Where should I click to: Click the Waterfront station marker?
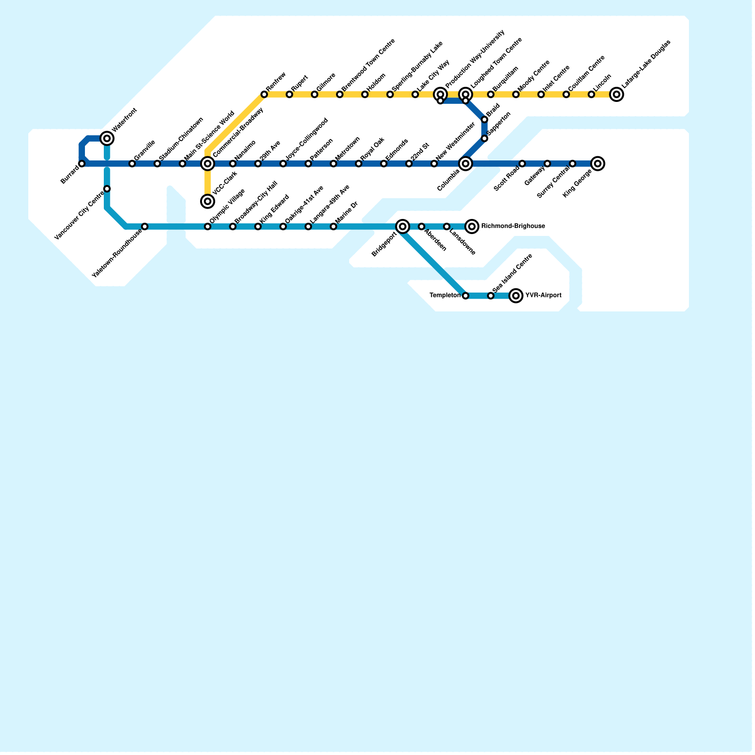tap(107, 138)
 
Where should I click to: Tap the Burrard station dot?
tap(82, 164)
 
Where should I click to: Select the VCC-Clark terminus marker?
tap(208, 201)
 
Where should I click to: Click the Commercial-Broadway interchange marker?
tap(208, 164)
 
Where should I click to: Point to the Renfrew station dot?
tap(264, 95)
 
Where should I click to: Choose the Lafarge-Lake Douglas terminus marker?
tap(616, 95)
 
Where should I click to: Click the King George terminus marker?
tap(598, 164)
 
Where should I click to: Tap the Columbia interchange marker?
tap(466, 164)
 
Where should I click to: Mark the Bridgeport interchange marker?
tap(403, 226)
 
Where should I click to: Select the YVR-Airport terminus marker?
tap(516, 296)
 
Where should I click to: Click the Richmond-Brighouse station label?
tap(513, 226)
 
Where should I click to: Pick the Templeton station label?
tap(445, 296)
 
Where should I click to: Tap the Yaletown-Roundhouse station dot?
tap(145, 226)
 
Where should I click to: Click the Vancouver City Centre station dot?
tap(107, 189)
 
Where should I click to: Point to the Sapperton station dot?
tap(485, 138)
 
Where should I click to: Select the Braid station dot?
tap(485, 120)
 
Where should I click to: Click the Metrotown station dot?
tap(334, 164)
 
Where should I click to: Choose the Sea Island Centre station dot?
tap(491, 296)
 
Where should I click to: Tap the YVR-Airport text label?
tap(543, 296)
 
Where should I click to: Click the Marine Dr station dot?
tap(334, 226)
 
